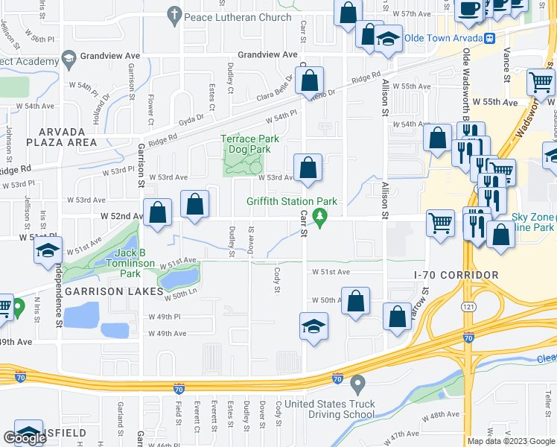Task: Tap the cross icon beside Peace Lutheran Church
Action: tap(174, 15)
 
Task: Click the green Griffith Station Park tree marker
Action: tap(320, 217)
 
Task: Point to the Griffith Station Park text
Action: tap(293, 202)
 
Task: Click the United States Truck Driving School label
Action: tap(331, 409)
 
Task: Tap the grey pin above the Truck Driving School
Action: tap(357, 384)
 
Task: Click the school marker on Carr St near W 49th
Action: tap(313, 326)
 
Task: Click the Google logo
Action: tap(25, 438)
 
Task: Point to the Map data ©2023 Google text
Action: tap(512, 441)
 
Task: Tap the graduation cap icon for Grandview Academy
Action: tap(69, 58)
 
